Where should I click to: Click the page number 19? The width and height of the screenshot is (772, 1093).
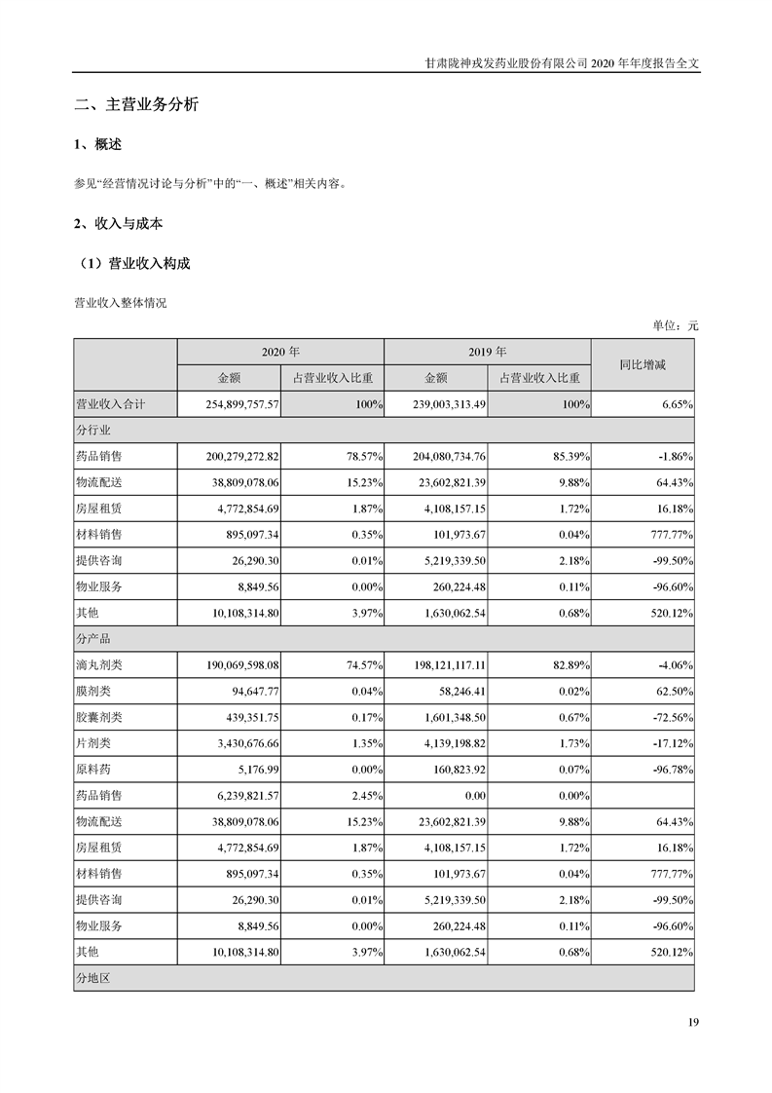pyautogui.click(x=693, y=1022)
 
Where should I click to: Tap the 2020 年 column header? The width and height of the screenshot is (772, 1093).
pyautogui.click(x=280, y=352)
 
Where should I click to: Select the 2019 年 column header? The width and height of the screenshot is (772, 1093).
pyautogui.click(x=487, y=352)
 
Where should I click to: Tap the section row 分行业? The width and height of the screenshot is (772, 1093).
pyautogui.click(x=94, y=430)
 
